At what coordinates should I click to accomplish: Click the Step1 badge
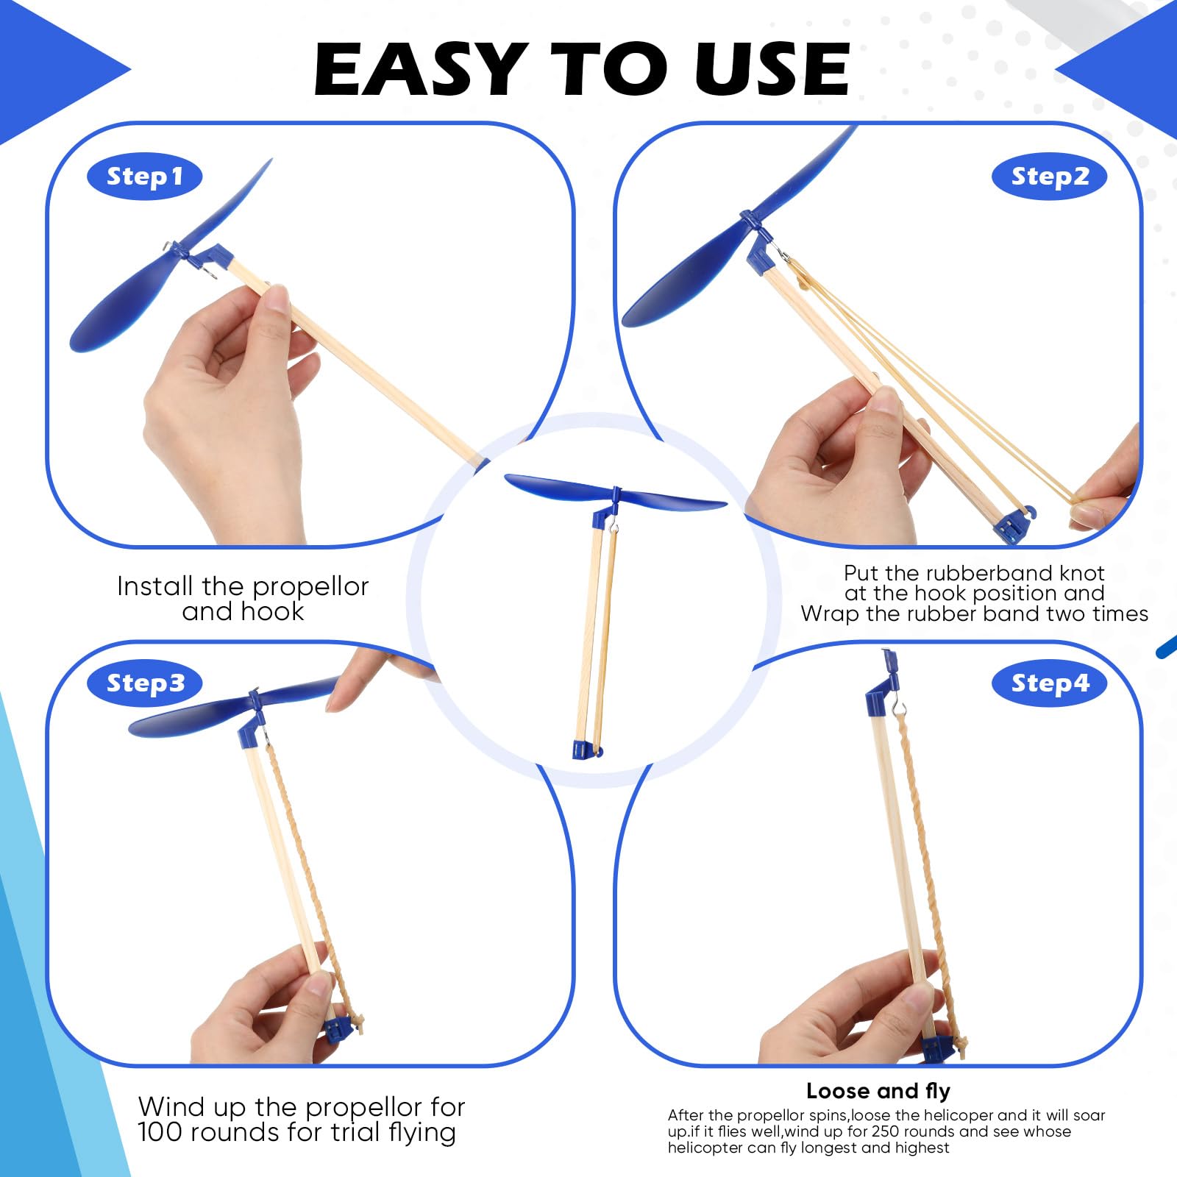[x=144, y=177]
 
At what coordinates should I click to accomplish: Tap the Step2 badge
[x=1049, y=177]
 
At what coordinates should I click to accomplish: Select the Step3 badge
[x=144, y=683]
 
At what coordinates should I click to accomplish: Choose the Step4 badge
[x=1049, y=683]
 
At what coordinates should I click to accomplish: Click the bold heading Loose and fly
[x=878, y=1090]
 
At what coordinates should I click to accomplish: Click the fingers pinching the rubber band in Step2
[x=1089, y=508]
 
